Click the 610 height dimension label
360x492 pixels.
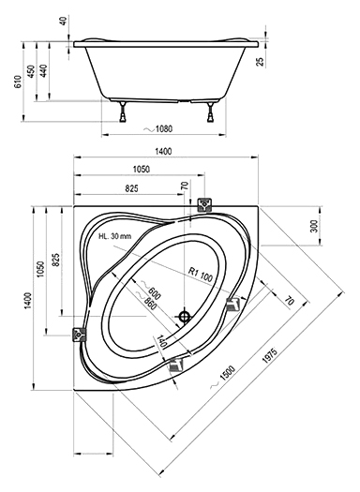pos(18,82)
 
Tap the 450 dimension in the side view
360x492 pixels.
pos(31,71)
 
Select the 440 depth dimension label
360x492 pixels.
pos(43,71)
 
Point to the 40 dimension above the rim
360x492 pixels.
pos(64,22)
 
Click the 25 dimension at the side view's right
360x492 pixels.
pos(261,62)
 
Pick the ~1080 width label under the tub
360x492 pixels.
pos(157,128)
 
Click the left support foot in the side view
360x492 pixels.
pos(123,112)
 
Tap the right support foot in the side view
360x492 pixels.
pos(211,112)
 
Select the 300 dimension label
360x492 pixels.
pos(314,226)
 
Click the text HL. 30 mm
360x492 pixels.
pos(115,236)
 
